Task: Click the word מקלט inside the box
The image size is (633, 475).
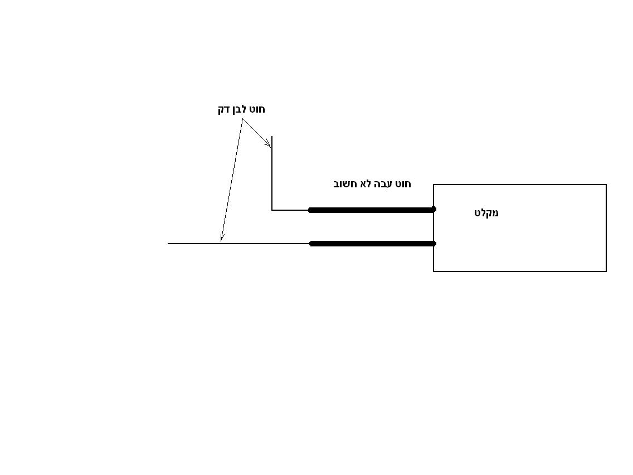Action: point(486,213)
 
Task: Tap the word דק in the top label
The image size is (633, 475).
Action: point(224,109)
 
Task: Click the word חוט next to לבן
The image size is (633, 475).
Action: point(258,109)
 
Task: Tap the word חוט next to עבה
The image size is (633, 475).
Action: point(403,184)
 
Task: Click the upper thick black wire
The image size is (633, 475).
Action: point(372,210)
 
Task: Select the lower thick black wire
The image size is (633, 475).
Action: point(373,244)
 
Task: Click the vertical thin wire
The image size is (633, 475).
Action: point(272,173)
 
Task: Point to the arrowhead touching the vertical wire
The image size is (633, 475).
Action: point(268,144)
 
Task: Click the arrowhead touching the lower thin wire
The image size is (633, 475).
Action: point(222,238)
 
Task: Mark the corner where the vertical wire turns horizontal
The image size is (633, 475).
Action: point(272,210)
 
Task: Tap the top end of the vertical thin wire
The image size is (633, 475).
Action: point(272,137)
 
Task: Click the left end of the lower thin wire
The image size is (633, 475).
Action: point(168,244)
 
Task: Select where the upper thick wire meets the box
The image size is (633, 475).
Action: point(434,210)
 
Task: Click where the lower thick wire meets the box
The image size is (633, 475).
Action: point(434,244)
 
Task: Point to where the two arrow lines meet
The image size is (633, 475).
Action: point(242,119)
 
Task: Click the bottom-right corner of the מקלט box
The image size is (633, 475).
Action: point(606,271)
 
